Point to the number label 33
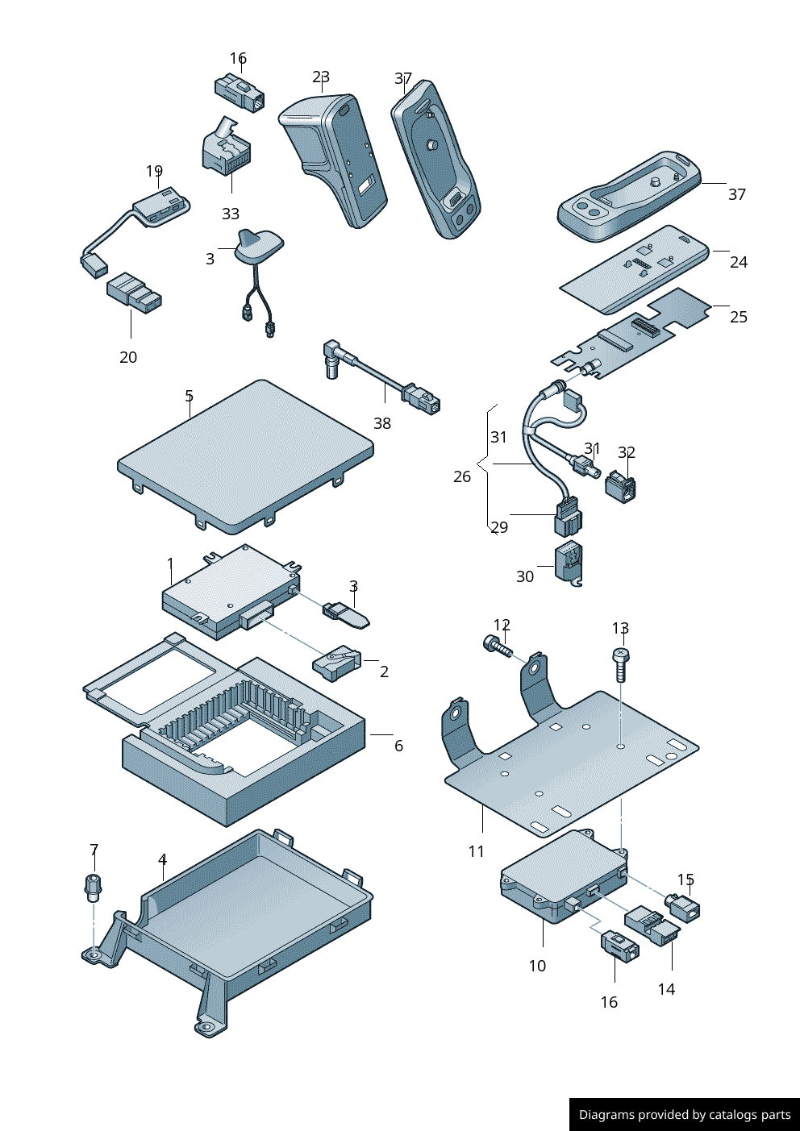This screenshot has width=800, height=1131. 231,214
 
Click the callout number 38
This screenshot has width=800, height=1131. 382,423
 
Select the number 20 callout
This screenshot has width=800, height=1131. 128,357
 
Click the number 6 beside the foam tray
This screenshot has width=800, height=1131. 398,746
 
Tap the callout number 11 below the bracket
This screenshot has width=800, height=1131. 476,851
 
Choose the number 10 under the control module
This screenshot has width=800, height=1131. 537,966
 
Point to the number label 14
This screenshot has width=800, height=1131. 666,989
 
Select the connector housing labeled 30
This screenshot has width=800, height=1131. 569,563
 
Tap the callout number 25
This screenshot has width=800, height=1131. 739,317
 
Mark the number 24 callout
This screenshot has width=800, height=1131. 739,262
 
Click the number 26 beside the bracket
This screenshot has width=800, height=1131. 462,476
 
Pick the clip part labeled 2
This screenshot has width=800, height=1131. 337,664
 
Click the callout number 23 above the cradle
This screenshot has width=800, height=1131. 321,77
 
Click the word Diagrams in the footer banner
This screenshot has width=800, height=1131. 606,1115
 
